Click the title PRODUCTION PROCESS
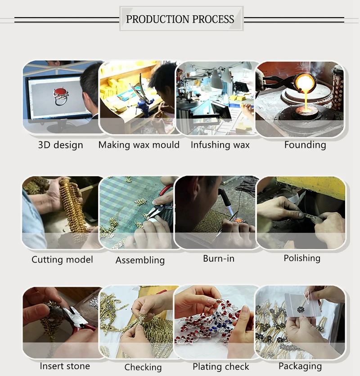180,19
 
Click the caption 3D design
61,145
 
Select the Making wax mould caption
139,145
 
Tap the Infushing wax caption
220,145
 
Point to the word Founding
305,145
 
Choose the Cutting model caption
62,259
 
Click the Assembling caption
140,260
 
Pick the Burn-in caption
219,258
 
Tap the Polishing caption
302,258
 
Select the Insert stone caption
65,366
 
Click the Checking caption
143,367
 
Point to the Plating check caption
221,367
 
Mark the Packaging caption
300,366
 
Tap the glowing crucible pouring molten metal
304,83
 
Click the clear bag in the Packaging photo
302,304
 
